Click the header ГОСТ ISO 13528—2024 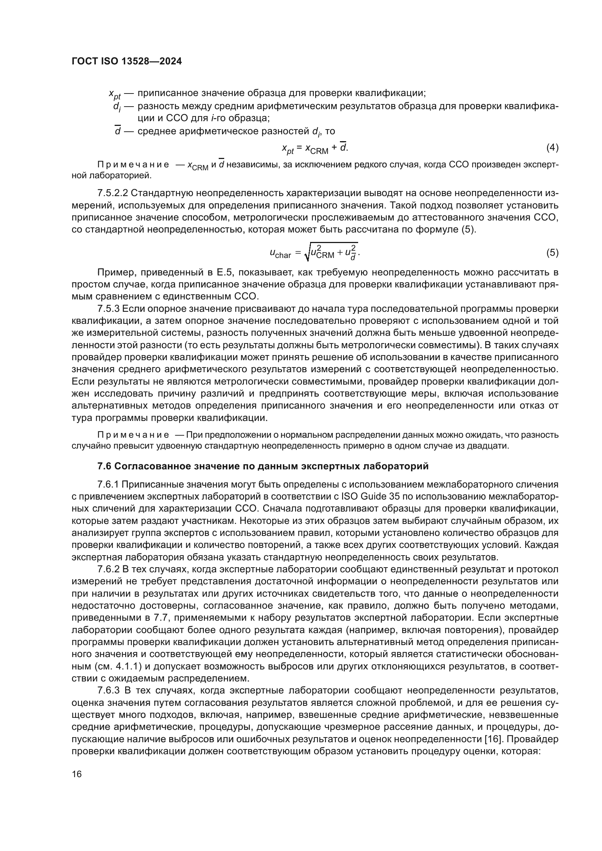pos(126,61)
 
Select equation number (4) pos(552,147)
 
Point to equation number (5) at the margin pos(552,253)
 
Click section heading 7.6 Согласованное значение pos(263,466)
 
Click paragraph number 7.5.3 pos(108,309)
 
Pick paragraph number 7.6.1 pos(108,484)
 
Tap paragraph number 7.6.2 pos(108,569)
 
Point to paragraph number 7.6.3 pos(108,690)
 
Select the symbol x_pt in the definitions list pos(115,94)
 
